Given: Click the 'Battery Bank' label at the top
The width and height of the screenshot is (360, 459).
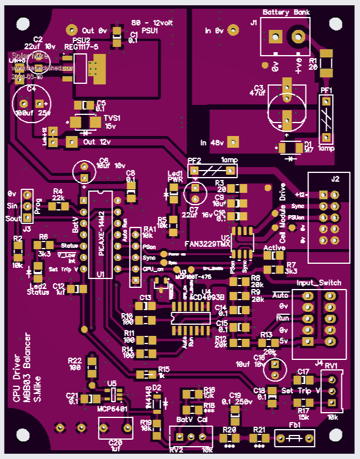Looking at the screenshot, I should pyautogui.click(x=286, y=12).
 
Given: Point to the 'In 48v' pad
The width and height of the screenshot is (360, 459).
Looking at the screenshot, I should pyautogui.click(x=233, y=142).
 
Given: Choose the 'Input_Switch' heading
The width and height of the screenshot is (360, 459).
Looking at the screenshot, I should pyautogui.click(x=318, y=283).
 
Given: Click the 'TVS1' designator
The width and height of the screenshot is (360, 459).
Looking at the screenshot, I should pyautogui.click(x=111, y=117).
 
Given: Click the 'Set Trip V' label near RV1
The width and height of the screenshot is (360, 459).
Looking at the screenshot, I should pyautogui.click(x=301, y=390).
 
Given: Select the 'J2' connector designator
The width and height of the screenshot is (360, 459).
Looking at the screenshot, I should pyautogui.click(x=335, y=179).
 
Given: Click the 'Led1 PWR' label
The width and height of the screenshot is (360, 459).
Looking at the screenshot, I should pyautogui.click(x=175, y=176).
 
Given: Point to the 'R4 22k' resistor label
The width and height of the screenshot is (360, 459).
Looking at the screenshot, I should pyautogui.click(x=57, y=195).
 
